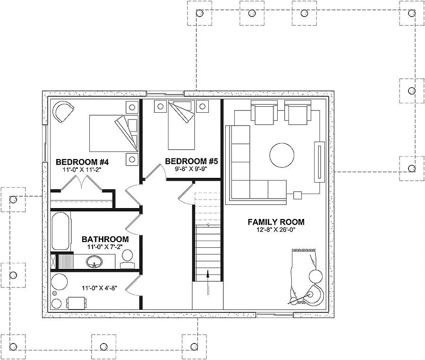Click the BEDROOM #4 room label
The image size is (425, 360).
pos(82,162)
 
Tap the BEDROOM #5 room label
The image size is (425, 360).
pos(191,161)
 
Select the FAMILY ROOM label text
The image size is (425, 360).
pos(276,222)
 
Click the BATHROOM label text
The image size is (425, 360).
pos(105,240)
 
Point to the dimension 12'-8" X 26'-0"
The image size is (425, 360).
pos(276,230)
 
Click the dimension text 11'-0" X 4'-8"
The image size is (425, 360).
pos(99,288)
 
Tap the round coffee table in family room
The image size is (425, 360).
pos(282,155)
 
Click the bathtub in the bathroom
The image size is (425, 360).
pos(60,231)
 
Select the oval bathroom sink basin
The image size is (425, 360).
pos(94,261)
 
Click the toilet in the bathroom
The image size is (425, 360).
pos(127,259)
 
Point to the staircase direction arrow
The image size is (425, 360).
pos(208,282)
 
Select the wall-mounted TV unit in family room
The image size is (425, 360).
pos(320,162)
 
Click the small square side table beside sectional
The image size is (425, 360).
pos(297,195)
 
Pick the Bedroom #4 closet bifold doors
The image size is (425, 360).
pos(81,184)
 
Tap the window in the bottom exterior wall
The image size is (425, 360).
pos(274,315)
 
